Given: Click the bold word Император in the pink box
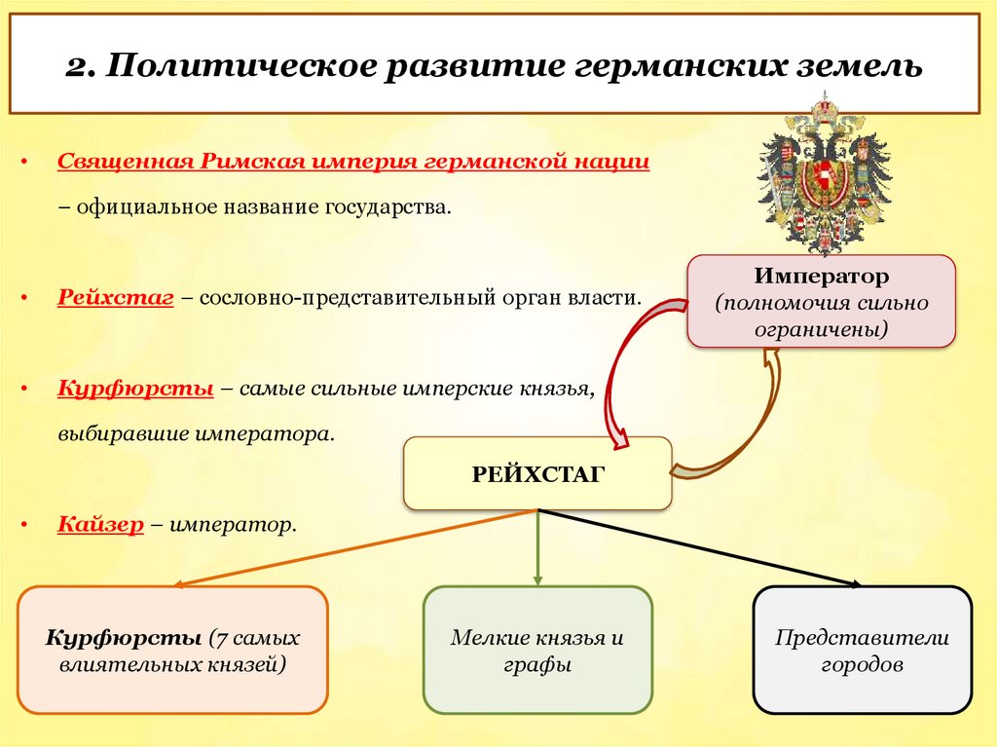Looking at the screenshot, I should tap(820, 277).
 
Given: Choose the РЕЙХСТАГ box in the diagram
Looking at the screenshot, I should tap(537, 473).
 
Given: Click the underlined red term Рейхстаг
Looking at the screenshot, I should tap(115, 296).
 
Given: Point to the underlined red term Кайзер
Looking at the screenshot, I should tap(100, 525).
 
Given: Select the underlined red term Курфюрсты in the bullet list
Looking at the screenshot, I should tap(135, 388).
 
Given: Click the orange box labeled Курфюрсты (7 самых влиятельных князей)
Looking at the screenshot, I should tap(172, 651).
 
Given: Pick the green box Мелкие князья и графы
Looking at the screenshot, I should tap(536, 651).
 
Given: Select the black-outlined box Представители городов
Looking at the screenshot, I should tap(862, 651).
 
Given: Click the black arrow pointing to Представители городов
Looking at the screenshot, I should tap(701, 547).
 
